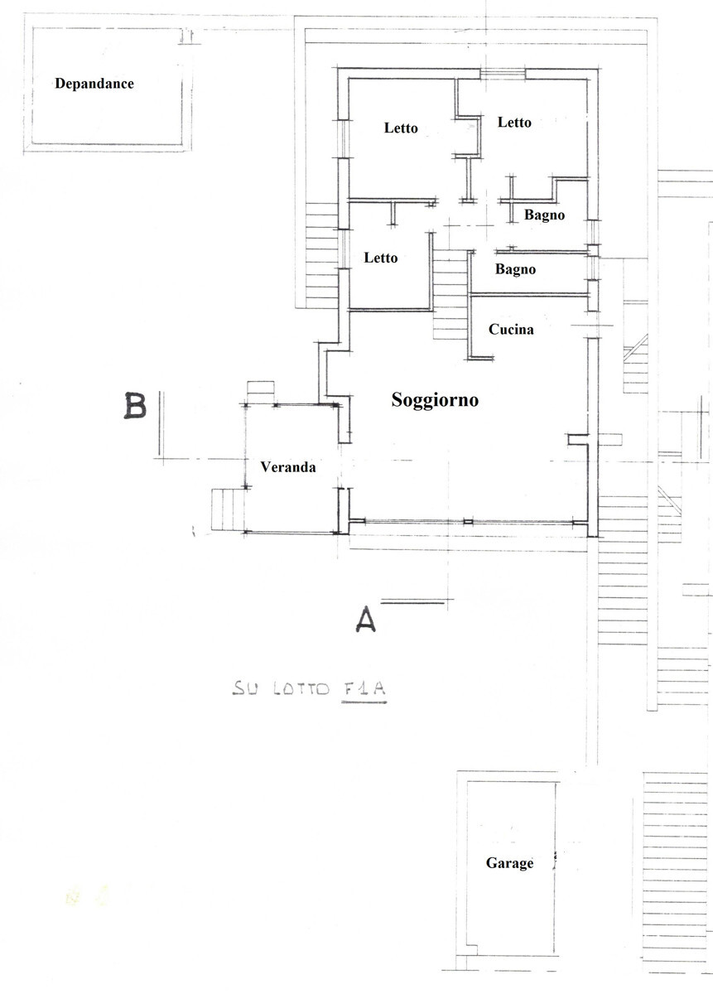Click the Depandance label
click(94, 84)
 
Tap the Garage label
click(509, 863)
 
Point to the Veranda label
click(287, 467)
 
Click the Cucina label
click(511, 330)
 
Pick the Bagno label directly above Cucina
click(515, 269)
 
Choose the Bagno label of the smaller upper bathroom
click(544, 215)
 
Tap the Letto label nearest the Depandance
click(401, 128)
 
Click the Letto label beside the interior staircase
click(381, 258)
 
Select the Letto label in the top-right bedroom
click(514, 123)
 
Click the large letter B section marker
click(135, 406)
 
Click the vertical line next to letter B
click(160, 422)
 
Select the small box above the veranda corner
click(260, 390)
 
